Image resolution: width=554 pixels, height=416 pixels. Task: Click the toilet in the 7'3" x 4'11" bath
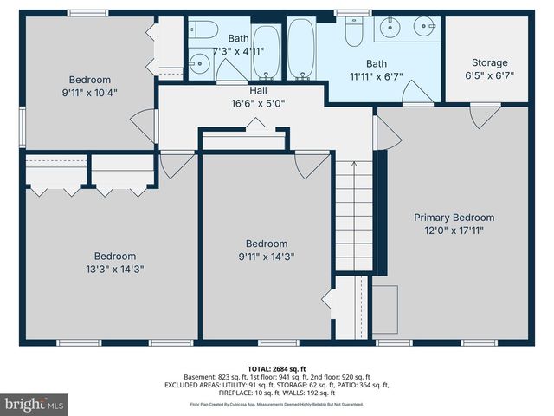click(x=204, y=30)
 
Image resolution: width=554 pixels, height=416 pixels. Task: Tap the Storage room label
click(x=490, y=62)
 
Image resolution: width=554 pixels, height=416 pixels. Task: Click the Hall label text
click(x=258, y=89)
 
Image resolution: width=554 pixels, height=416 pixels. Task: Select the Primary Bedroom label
click(x=454, y=218)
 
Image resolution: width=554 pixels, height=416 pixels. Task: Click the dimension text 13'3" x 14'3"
click(x=114, y=269)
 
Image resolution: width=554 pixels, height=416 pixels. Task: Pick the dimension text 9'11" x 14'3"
click(x=266, y=257)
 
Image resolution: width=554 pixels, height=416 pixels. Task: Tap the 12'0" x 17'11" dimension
click(x=454, y=231)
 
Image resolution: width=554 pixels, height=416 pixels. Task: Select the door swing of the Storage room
click(x=481, y=116)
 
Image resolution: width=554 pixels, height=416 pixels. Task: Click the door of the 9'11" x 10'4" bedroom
click(x=140, y=125)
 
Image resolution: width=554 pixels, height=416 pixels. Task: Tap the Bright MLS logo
click(x=35, y=404)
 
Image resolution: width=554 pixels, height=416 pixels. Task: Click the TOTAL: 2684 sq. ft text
click(x=277, y=367)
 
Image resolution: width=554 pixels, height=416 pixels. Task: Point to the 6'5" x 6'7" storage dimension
click(x=490, y=75)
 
